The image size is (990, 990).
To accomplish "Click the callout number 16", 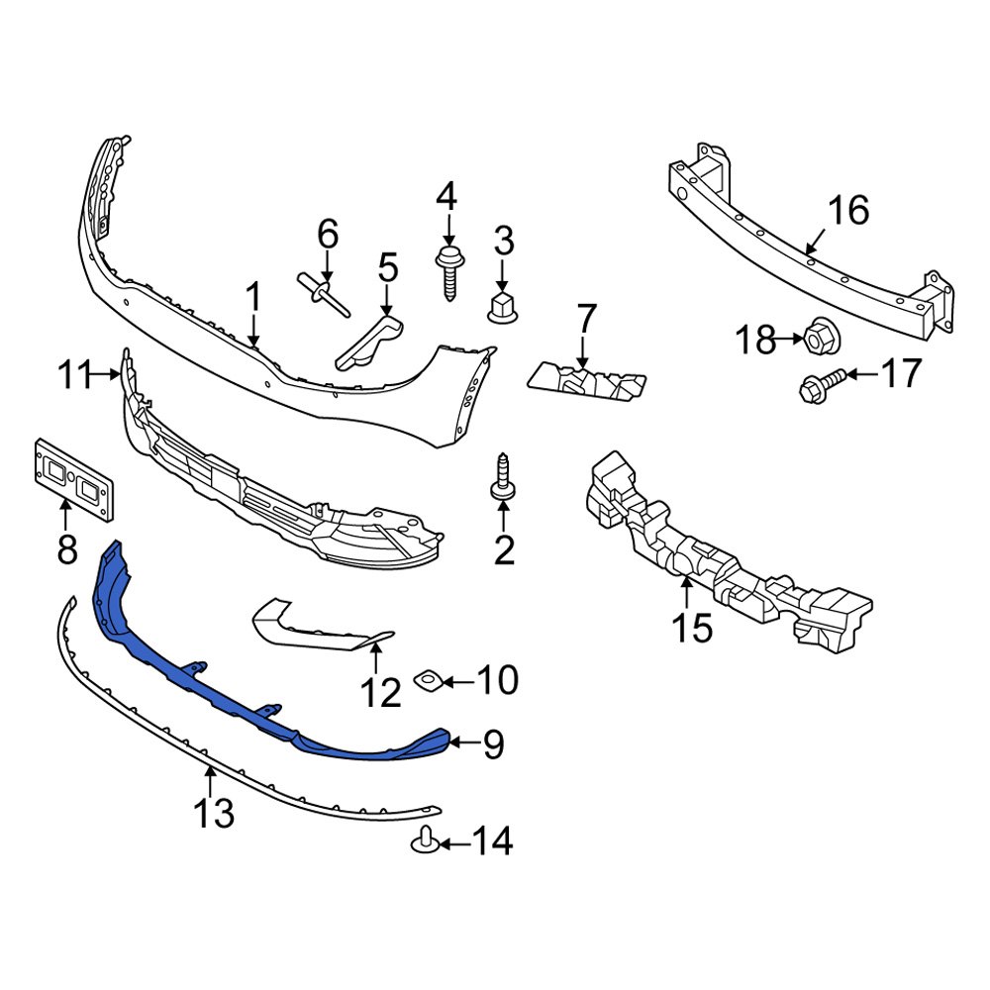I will click(848, 210).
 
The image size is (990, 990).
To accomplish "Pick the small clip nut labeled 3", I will click(503, 307).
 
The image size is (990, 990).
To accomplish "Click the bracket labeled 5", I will click(368, 343).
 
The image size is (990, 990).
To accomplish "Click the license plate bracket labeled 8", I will click(75, 477).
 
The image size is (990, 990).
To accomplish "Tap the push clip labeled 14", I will click(425, 842).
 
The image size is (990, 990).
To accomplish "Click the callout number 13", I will click(213, 813).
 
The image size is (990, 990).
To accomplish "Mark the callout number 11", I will click(73, 376).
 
